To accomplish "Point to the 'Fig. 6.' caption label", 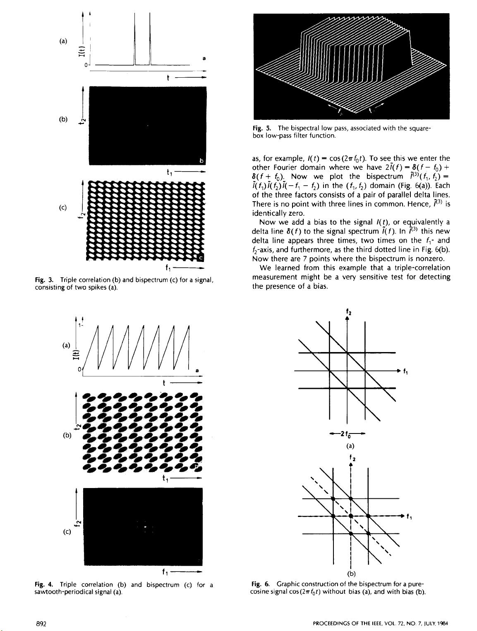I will [259, 584].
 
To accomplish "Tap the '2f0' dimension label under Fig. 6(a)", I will [347, 434].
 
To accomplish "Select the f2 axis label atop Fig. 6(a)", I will [348, 312].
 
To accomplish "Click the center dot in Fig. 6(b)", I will [350, 516].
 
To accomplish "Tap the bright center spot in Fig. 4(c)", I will [145, 527].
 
